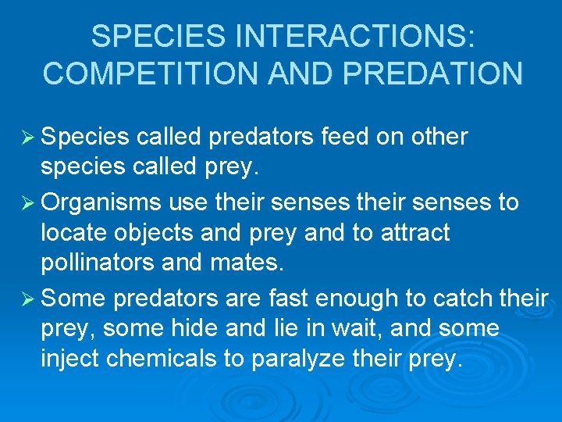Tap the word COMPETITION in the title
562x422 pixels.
pos(148,73)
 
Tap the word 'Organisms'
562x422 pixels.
pos(101,202)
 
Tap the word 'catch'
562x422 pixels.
pos(453,298)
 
